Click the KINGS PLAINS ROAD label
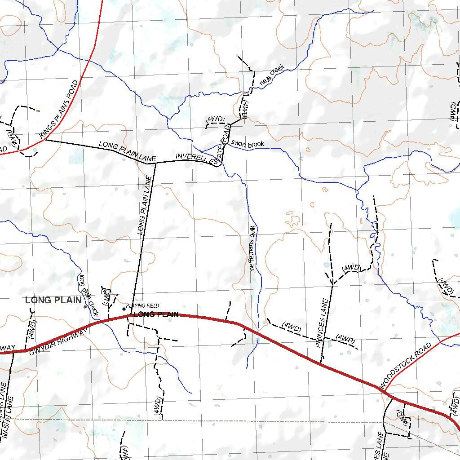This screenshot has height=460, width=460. point(59,109)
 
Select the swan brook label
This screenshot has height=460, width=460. point(247,144)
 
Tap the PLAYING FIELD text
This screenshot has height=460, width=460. point(142,305)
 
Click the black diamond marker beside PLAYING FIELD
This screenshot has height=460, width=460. point(124,309)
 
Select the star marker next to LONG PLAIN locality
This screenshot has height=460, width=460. point(85,306)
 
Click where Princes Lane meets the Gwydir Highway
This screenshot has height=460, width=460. point(321,363)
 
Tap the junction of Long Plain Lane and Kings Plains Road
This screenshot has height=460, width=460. point(45,140)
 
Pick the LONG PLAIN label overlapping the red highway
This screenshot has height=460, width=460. point(156,314)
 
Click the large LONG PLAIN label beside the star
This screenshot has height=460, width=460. point(53,300)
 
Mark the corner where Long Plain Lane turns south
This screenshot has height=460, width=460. point(155,164)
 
